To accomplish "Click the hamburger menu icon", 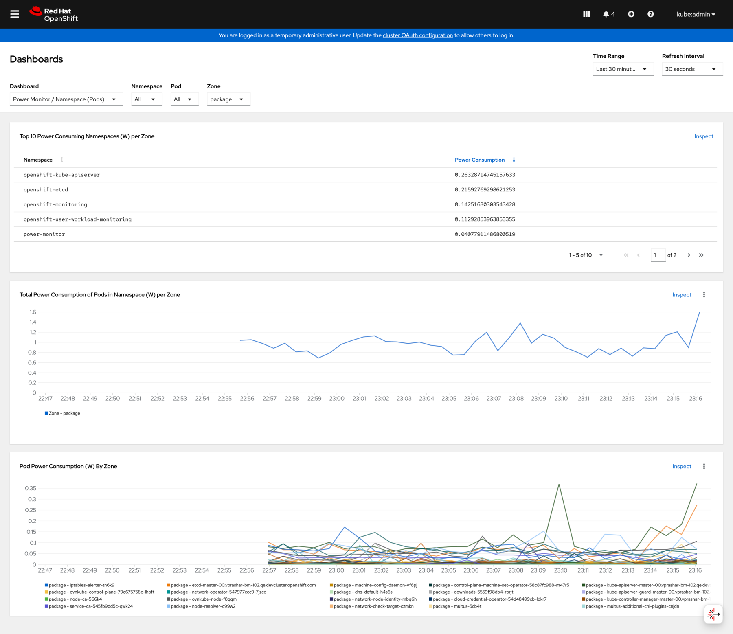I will click(x=15, y=14).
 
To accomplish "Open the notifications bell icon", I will click(x=608, y=14).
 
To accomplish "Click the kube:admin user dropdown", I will click(x=696, y=14).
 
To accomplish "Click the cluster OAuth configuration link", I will click(x=417, y=35).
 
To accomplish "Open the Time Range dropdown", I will click(x=622, y=69).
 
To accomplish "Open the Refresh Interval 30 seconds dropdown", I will click(x=691, y=69).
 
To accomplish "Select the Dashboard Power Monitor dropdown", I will click(x=66, y=99).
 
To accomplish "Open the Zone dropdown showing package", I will click(x=228, y=99).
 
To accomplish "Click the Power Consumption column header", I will click(x=479, y=160).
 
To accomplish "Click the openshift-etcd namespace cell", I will click(x=46, y=190).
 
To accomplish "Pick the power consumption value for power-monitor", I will click(x=485, y=234).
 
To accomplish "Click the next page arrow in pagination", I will click(x=689, y=255).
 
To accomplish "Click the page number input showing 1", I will click(x=657, y=255).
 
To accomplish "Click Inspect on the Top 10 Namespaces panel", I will click(x=703, y=136).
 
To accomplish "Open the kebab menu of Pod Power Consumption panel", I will click(x=704, y=467).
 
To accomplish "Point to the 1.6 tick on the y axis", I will click(x=33, y=312).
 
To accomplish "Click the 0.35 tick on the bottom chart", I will click(x=31, y=488).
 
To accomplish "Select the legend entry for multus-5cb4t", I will click(x=456, y=606).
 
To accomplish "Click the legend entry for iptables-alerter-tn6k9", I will click(x=81, y=585).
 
